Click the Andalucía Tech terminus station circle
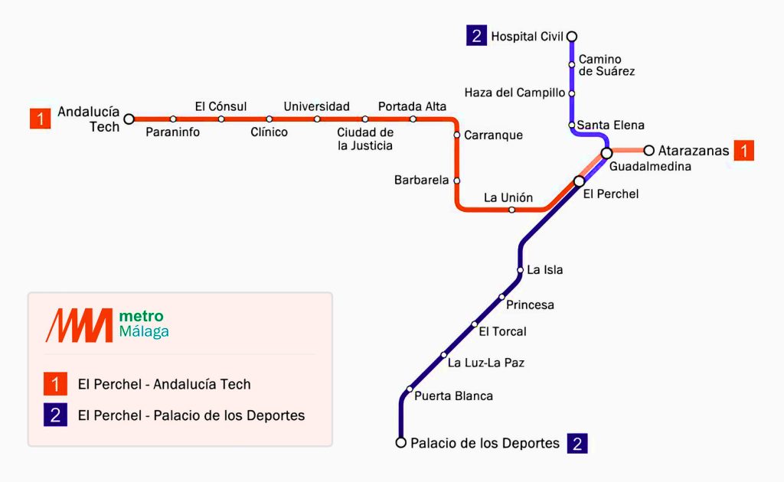[129, 119]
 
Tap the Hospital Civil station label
[527, 36]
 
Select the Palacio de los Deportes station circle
[400, 442]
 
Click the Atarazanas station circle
[649, 150]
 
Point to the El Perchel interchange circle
[580, 181]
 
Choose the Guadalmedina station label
[650, 166]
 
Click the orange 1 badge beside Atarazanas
[743, 151]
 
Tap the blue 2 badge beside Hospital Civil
[476, 36]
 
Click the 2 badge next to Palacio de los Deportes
[577, 443]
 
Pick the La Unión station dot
[512, 209]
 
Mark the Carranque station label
[493, 135]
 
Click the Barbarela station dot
[457, 181]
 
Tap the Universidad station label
[316, 106]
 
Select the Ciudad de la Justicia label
[365, 138]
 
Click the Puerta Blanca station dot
[410, 389]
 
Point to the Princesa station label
[530, 305]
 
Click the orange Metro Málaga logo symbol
[78, 325]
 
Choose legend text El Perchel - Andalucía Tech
[164, 384]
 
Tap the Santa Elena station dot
[572, 125]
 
